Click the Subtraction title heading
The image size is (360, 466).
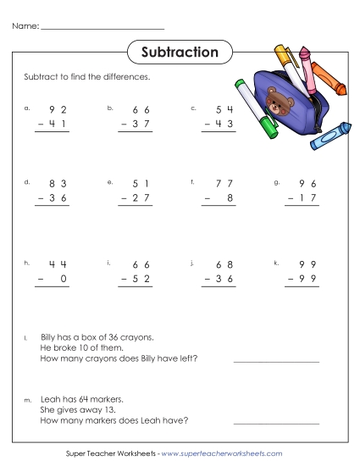pos(180,53)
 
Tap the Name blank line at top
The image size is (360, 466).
pos(102,28)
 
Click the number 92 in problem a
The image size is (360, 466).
pos(58,109)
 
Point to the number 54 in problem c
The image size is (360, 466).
pos(224,109)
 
